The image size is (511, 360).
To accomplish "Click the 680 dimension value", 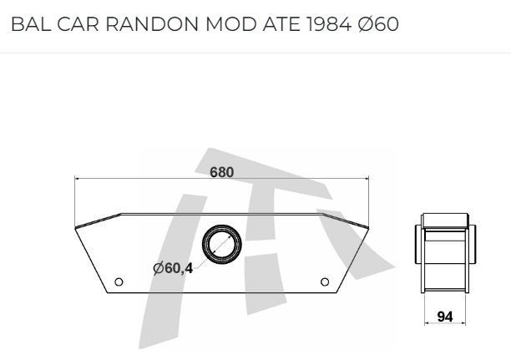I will (221, 172).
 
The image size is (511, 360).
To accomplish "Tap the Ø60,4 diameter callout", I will (173, 268).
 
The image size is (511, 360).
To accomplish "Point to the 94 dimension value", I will (445, 317).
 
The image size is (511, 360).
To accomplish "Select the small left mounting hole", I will (119, 281).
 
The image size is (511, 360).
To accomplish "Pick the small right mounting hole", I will (325, 281).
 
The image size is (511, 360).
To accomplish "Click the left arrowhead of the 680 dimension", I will (78, 178).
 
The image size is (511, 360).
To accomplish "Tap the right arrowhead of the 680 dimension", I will (365, 178).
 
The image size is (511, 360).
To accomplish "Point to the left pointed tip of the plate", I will (76, 226).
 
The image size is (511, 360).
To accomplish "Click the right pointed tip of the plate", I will (367, 226).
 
